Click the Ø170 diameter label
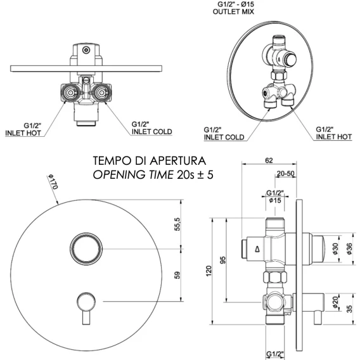[x=53, y=182]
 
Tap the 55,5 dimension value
[x=177, y=224]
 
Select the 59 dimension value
[x=177, y=275]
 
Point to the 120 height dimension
[x=209, y=271]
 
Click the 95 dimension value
[x=222, y=260]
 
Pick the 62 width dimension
[x=269, y=160]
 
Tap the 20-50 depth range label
[x=285, y=173]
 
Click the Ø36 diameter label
[x=349, y=248]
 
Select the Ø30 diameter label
[x=335, y=248]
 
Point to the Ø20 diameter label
[x=335, y=302]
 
